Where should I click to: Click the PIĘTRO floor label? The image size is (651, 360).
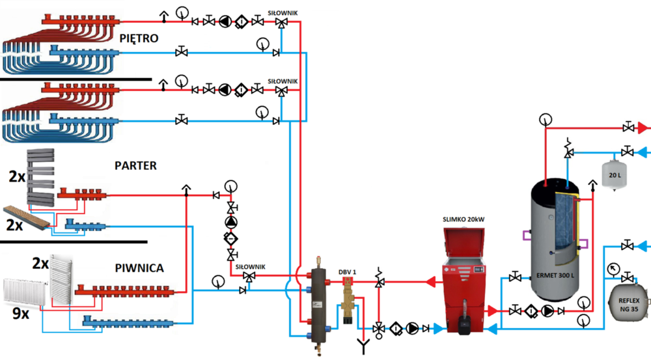pyautogui.click(x=139, y=38)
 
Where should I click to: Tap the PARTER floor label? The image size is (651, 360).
pyautogui.click(x=135, y=165)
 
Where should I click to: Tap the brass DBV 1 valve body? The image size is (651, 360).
pyautogui.click(x=349, y=299)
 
